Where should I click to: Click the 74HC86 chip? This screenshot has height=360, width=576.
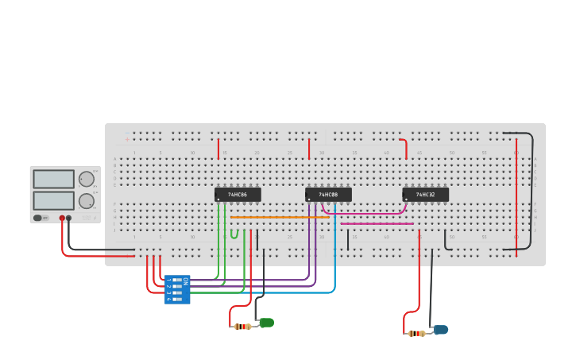[x=238, y=195]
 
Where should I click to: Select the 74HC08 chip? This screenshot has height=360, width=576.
[x=328, y=195]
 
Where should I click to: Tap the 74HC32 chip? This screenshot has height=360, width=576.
[x=425, y=195]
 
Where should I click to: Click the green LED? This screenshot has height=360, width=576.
[x=266, y=323]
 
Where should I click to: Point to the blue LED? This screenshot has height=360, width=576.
[x=440, y=330]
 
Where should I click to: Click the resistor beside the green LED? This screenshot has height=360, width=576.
[x=242, y=327]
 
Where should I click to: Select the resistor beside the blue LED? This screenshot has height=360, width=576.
[x=416, y=334]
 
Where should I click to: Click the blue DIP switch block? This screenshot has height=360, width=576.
[x=176, y=290]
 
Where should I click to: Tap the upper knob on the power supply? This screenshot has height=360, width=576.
[x=86, y=179]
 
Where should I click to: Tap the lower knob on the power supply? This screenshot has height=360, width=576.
[x=86, y=200]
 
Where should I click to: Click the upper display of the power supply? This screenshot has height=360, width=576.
[x=54, y=179]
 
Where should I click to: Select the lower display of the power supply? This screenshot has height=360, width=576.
[x=54, y=200]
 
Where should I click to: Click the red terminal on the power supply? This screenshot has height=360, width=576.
[x=62, y=218]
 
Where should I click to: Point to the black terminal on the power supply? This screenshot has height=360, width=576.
[x=69, y=218]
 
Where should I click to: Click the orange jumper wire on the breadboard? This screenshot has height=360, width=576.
[x=278, y=217]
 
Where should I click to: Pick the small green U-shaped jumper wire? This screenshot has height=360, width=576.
[x=234, y=235]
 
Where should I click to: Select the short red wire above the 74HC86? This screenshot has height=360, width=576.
[x=218, y=149]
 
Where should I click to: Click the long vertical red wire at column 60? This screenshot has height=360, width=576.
[x=516, y=191]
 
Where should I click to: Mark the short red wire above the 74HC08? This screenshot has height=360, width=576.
[x=309, y=149]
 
